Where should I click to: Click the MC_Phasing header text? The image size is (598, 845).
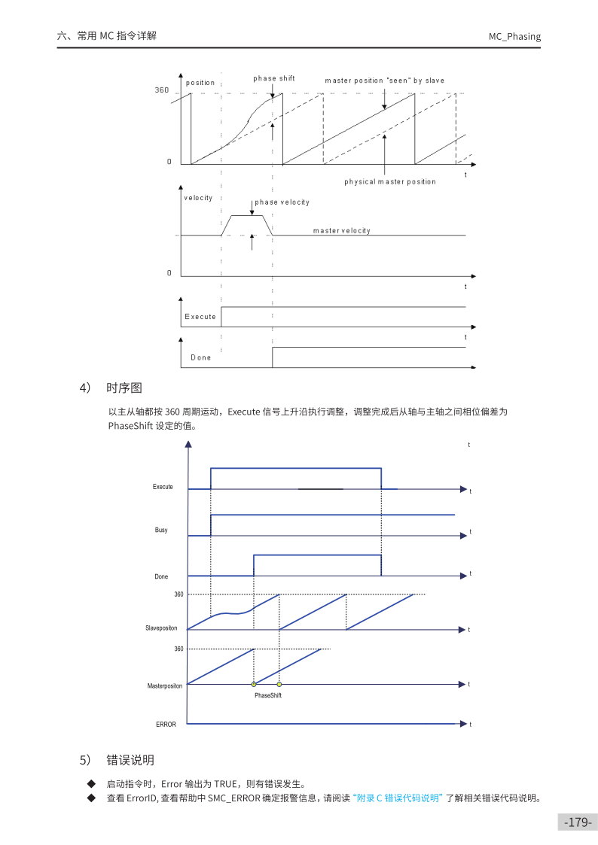[514, 36]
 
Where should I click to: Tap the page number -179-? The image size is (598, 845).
[578, 822]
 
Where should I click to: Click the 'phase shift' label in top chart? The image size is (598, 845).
[274, 78]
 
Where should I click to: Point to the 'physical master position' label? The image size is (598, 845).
[390, 181]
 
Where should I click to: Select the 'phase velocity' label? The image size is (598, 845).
[282, 202]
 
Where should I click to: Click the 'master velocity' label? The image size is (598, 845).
[342, 230]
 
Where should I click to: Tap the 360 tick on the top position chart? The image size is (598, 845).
[162, 90]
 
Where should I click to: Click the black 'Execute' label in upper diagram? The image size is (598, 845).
[200, 317]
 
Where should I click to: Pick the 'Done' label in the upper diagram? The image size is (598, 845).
[201, 357]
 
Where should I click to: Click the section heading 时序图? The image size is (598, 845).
[124, 388]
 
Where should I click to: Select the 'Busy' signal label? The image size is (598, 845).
[161, 530]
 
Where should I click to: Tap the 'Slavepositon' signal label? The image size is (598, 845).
[161, 627]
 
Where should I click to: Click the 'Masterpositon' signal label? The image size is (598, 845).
[162, 685]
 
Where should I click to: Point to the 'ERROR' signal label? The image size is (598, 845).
[166, 724]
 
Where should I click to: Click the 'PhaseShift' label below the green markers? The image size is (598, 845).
[267, 696]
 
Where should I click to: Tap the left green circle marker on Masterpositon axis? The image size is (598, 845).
[254, 684]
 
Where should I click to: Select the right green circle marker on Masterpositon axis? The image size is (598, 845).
[279, 684]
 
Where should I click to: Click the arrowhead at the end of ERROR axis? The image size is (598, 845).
[463, 724]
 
